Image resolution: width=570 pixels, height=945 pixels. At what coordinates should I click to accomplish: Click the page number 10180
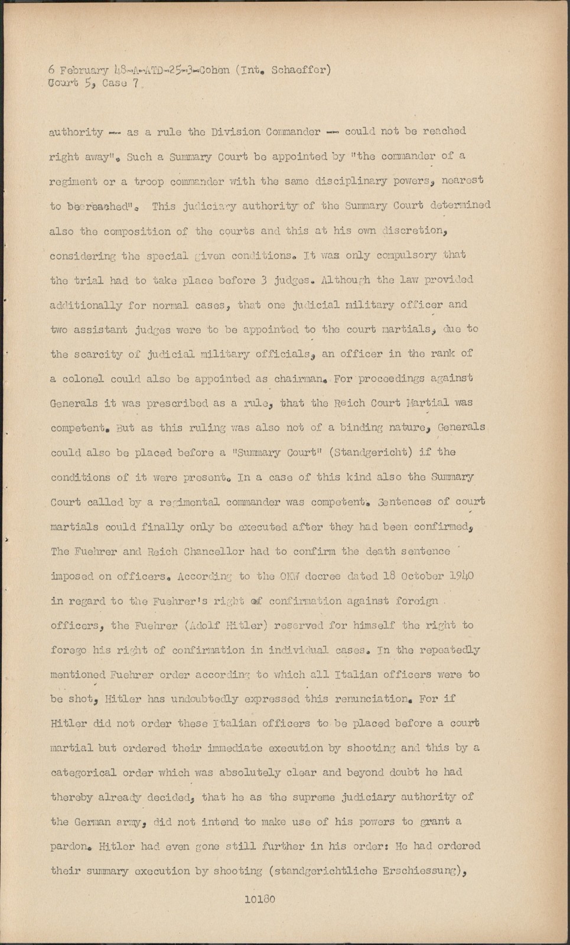click(x=259, y=900)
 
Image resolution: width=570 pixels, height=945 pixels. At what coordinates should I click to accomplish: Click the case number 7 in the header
click(x=136, y=83)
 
